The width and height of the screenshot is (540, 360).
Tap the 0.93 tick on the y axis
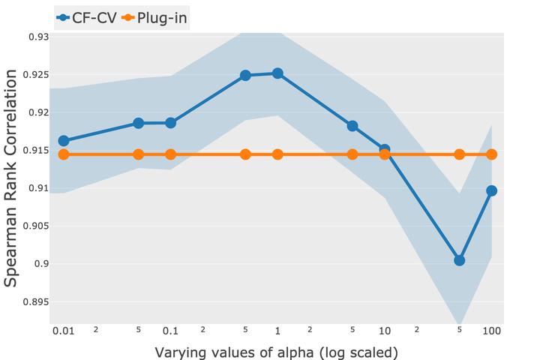coord(39,37)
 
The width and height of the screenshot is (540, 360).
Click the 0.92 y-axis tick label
coord(39,112)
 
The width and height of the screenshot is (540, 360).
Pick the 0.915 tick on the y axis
coord(37,151)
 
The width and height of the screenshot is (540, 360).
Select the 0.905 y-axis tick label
coord(37,226)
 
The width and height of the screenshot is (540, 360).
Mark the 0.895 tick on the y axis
coord(37,301)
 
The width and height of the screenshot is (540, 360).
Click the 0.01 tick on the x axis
coord(63,331)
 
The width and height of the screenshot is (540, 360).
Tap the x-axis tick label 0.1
coord(170,331)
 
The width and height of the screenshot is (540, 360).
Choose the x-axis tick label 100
coord(492,331)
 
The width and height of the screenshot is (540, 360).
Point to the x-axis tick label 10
coord(385,331)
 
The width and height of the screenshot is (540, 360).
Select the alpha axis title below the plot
coord(276,352)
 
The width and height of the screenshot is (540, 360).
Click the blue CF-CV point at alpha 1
coord(277,73)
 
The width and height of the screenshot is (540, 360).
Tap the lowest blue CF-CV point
coord(460,260)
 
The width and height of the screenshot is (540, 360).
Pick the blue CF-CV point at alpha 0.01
coord(64,141)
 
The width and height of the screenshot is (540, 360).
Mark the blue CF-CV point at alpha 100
coord(492,190)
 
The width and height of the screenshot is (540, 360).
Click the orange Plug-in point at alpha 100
coord(492,154)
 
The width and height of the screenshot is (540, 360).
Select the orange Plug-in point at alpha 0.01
coord(64,154)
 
